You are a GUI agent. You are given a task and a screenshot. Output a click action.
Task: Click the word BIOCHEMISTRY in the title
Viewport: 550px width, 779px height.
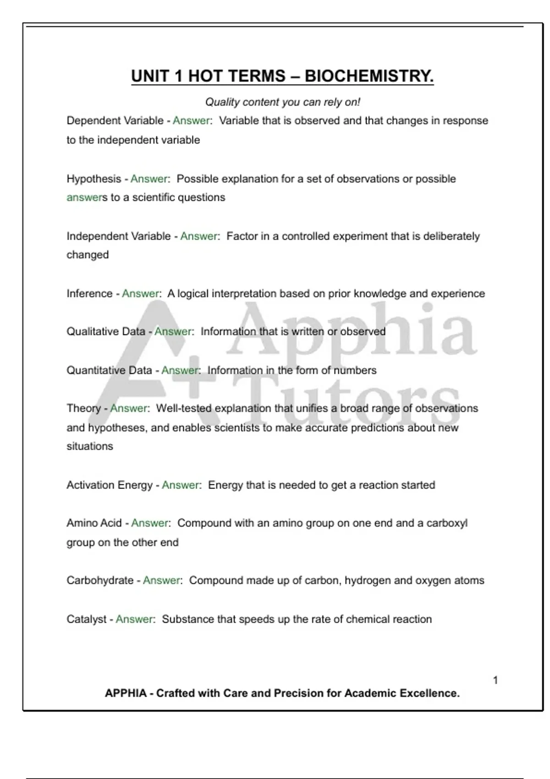click(369, 76)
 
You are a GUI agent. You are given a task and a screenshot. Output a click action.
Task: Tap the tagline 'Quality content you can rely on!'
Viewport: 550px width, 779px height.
click(282, 102)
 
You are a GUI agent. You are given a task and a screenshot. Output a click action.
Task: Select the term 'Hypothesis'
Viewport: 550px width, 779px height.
click(94, 179)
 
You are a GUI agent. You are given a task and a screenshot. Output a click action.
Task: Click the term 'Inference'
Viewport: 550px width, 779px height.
click(89, 293)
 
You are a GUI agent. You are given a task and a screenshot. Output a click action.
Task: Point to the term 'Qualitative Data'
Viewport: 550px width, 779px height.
click(105, 331)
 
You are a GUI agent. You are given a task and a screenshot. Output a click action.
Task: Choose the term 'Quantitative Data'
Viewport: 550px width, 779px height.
click(109, 370)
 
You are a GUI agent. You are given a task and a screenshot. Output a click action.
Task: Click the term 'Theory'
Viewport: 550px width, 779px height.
click(83, 408)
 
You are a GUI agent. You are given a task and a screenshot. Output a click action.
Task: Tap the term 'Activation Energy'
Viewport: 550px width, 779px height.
click(109, 485)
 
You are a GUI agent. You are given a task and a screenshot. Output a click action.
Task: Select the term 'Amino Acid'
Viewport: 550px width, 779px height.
click(94, 523)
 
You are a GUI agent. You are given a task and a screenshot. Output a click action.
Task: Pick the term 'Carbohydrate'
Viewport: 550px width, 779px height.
click(100, 580)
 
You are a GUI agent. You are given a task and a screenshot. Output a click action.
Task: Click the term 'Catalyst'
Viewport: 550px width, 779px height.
click(86, 619)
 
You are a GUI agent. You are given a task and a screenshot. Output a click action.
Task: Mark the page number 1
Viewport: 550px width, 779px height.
click(495, 680)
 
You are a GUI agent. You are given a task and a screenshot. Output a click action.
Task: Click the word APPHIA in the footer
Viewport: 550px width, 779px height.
click(126, 693)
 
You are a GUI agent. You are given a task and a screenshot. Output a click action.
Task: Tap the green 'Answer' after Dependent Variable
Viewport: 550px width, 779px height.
click(191, 121)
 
